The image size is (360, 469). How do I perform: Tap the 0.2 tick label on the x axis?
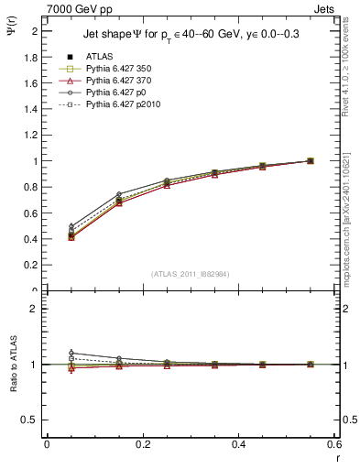pos(142,443)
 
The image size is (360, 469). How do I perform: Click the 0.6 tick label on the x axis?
pos(333,443)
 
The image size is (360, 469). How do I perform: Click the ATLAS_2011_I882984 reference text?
pos(190,274)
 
